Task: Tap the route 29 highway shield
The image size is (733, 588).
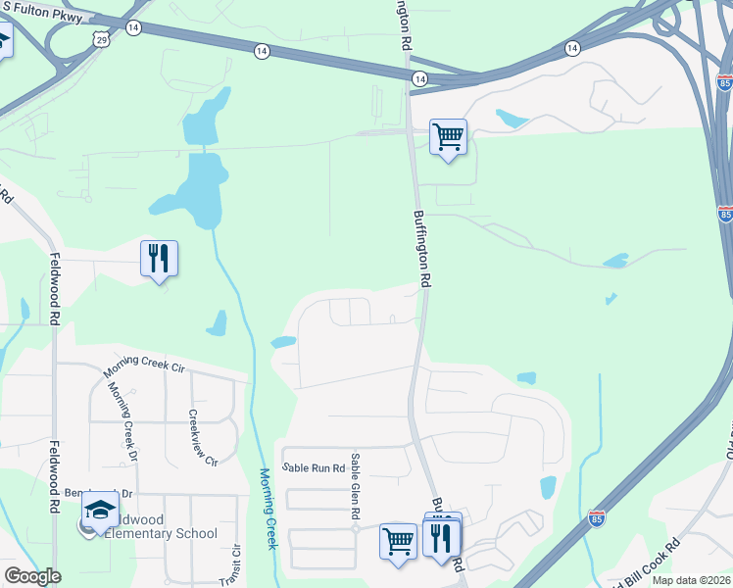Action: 102,38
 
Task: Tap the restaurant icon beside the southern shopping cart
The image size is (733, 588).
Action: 441,538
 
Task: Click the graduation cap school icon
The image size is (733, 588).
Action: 100,510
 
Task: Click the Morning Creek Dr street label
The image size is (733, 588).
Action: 123,420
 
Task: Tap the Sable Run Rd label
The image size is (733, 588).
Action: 313,468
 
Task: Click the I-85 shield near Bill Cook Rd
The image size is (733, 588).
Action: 597,516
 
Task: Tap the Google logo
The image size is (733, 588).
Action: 32,576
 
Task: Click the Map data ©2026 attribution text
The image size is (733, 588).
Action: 692,580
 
